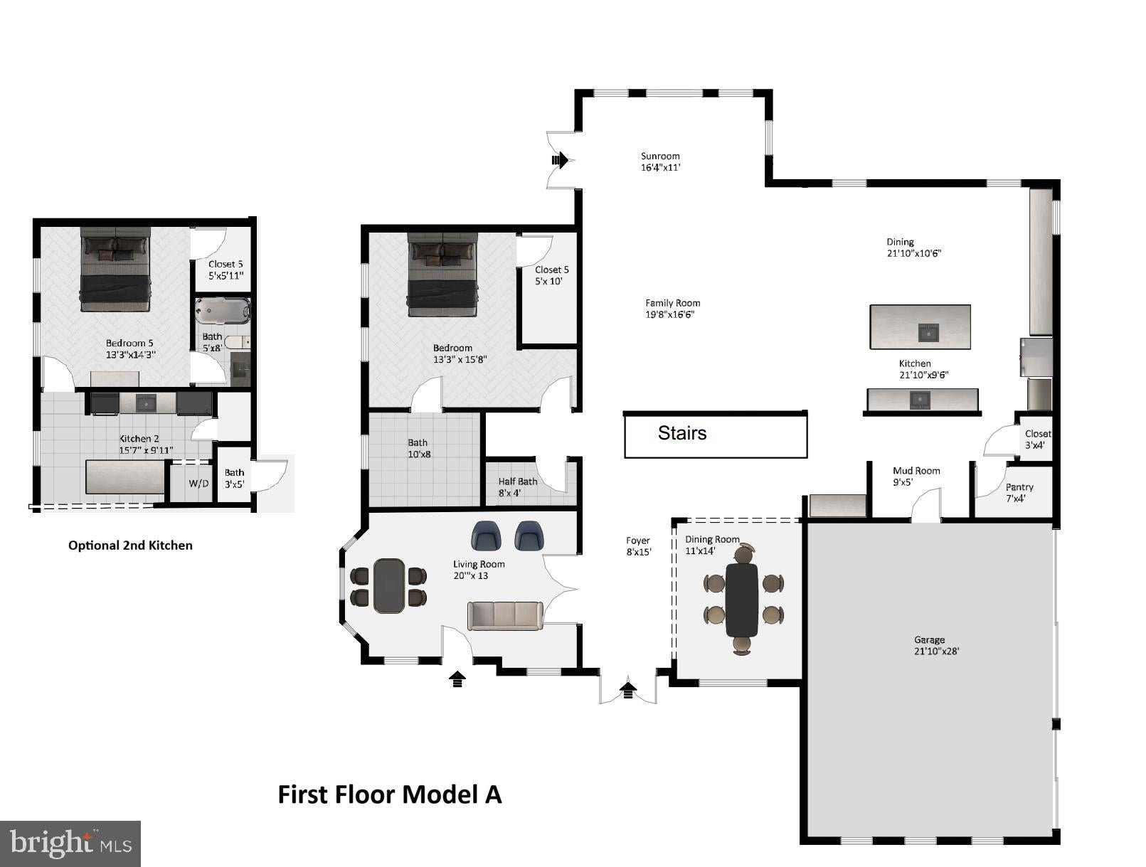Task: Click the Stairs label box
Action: pos(715,435)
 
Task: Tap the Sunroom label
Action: pos(660,162)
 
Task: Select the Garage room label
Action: pos(937,645)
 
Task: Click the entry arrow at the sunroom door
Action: pos(561,160)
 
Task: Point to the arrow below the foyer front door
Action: pos(628,689)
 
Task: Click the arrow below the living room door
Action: pos(457,679)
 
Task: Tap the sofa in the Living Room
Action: pos(505,616)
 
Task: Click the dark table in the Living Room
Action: pos(389,585)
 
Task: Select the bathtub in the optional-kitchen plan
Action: pos(223,311)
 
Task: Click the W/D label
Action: pos(198,484)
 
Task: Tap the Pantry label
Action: pos(1019,493)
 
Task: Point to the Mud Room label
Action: pos(916,476)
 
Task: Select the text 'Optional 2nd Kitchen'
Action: pos(130,546)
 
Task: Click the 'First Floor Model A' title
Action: pos(390,794)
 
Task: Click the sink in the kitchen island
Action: pos(929,332)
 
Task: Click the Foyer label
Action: pos(639,546)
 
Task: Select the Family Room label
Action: pos(672,309)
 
